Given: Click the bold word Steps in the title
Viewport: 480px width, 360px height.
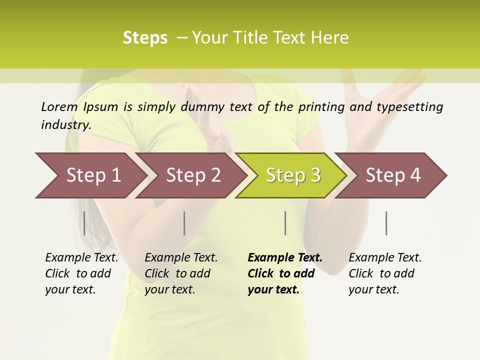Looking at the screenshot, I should click(x=145, y=38).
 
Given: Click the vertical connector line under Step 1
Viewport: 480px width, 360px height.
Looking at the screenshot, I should click(x=84, y=223).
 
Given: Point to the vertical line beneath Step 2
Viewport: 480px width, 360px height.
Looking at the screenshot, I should click(x=184, y=223).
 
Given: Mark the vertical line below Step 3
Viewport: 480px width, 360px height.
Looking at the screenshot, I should click(x=285, y=223).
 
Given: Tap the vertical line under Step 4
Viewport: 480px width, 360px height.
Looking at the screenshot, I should click(x=386, y=223).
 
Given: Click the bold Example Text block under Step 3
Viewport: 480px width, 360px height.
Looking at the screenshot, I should click(x=284, y=273).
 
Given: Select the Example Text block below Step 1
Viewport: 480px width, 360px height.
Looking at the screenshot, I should click(x=81, y=273).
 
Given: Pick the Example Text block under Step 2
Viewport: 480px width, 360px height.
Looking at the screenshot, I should click(x=181, y=273).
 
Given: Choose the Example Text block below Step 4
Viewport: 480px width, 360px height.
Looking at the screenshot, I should click(x=385, y=273).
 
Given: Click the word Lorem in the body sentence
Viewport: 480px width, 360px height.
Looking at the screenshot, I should click(x=59, y=106).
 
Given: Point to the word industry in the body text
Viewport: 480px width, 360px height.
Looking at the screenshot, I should click(x=65, y=125).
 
